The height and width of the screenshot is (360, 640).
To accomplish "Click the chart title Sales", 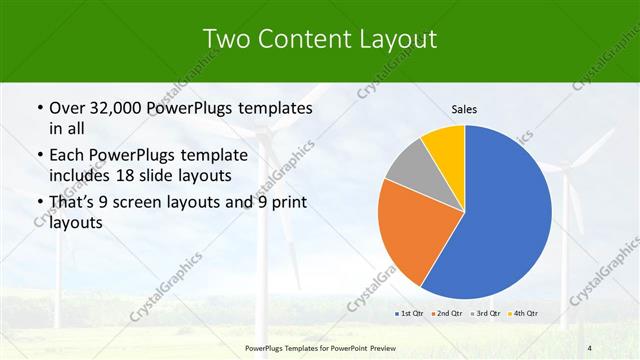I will (x=465, y=108).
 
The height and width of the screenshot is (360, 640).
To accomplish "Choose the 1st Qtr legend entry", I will (x=408, y=315).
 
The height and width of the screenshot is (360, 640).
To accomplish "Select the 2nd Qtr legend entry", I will (x=445, y=315).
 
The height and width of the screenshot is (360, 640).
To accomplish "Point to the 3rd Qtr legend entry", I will (x=483, y=315).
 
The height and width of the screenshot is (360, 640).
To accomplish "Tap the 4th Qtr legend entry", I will (x=522, y=315).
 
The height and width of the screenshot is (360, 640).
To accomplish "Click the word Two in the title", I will (x=226, y=39).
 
